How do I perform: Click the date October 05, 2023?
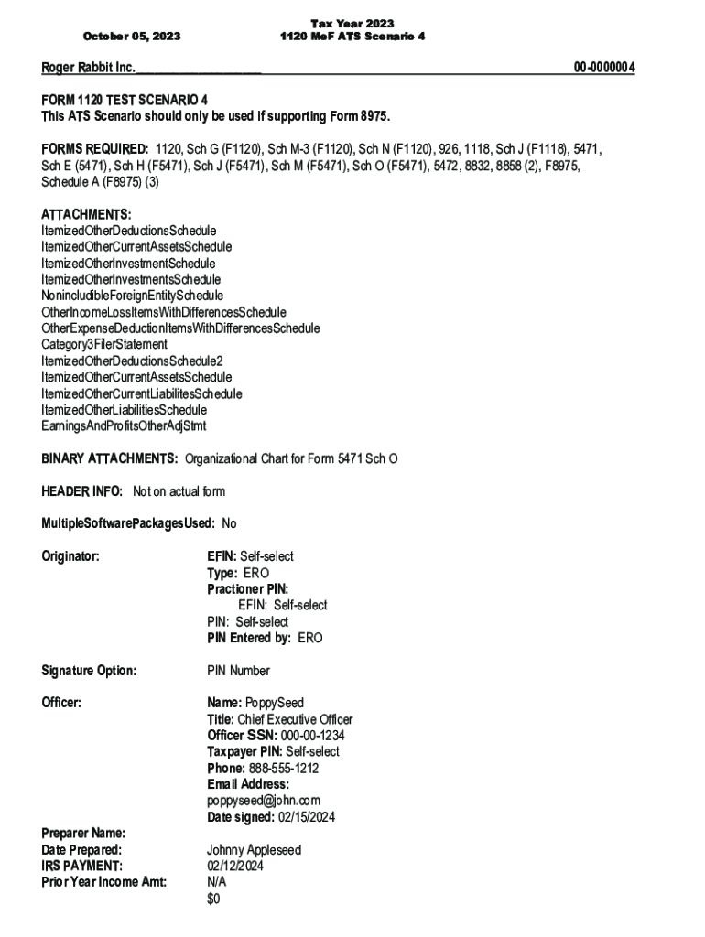tap(132, 37)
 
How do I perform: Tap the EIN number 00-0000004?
tap(604, 68)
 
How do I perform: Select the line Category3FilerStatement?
tap(104, 344)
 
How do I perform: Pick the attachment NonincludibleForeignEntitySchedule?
tap(132, 296)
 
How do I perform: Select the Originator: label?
tap(70, 556)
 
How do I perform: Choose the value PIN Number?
tap(238, 671)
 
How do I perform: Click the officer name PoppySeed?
tap(275, 704)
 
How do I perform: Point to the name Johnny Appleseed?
tap(254, 850)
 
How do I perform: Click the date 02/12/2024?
tap(236, 866)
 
